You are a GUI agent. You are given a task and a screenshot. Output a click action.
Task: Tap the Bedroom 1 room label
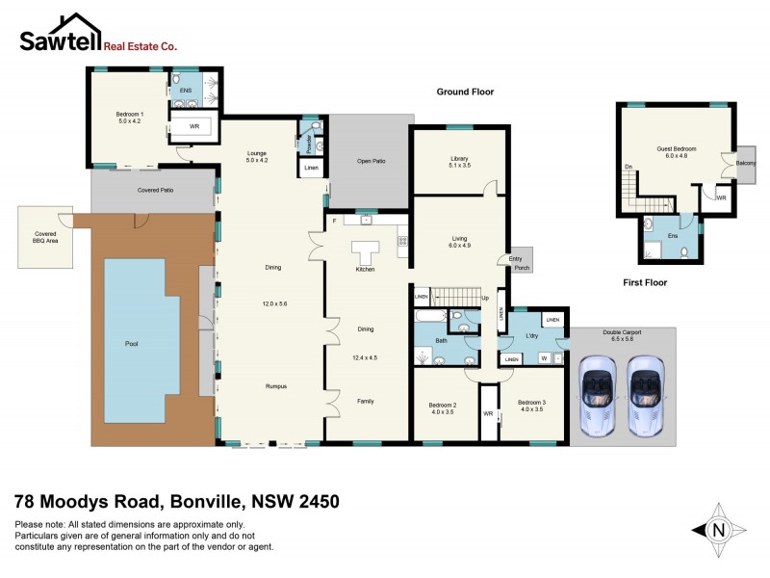pyautogui.click(x=128, y=118)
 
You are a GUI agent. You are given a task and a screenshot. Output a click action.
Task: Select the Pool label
pyautogui.click(x=132, y=343)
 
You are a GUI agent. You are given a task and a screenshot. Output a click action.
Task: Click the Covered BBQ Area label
pyautogui.click(x=45, y=236)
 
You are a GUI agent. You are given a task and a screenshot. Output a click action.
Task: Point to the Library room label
pyautogui.click(x=458, y=162)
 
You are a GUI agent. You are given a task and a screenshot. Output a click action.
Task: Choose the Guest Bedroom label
pyautogui.click(x=676, y=152)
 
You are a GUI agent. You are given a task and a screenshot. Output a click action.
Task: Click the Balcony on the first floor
pyautogui.click(x=745, y=163)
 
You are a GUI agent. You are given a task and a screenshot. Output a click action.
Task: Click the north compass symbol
pyautogui.click(x=717, y=529)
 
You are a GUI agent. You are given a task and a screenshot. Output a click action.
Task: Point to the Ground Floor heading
pyautogui.click(x=465, y=92)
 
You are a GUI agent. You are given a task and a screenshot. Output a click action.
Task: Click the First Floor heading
pyautogui.click(x=644, y=282)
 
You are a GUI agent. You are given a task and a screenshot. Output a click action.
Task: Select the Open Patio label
pyautogui.click(x=371, y=161)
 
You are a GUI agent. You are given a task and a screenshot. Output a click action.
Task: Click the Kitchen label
pyautogui.click(x=365, y=269)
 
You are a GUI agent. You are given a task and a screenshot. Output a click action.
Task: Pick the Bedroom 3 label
pyautogui.click(x=532, y=405)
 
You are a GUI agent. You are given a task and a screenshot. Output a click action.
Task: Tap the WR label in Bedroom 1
pyautogui.click(x=193, y=126)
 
